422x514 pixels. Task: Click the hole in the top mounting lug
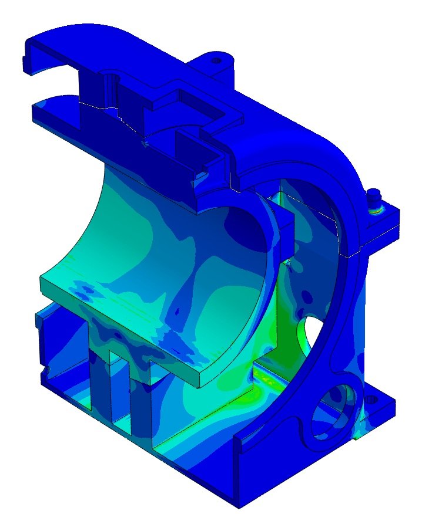216,60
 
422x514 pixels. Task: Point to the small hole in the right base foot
371,400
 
